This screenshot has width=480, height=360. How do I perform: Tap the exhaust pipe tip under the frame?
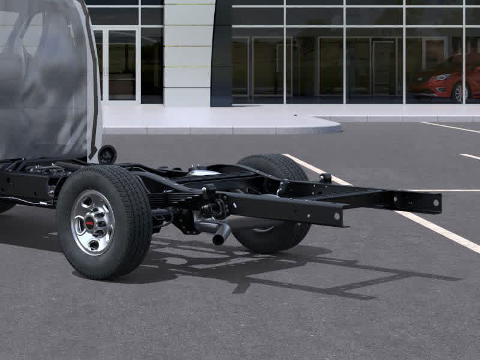tap(220, 235)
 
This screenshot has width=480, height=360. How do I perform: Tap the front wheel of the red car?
tap(461, 92)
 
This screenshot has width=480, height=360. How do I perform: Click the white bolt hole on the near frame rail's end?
tap(337, 217)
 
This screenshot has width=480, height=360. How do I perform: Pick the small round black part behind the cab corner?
tap(107, 154)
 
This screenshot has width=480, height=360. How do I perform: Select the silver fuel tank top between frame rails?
tap(203, 173)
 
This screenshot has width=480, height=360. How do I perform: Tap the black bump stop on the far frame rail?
tap(326, 178)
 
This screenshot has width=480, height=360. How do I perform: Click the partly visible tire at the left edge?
tap(6, 205)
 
